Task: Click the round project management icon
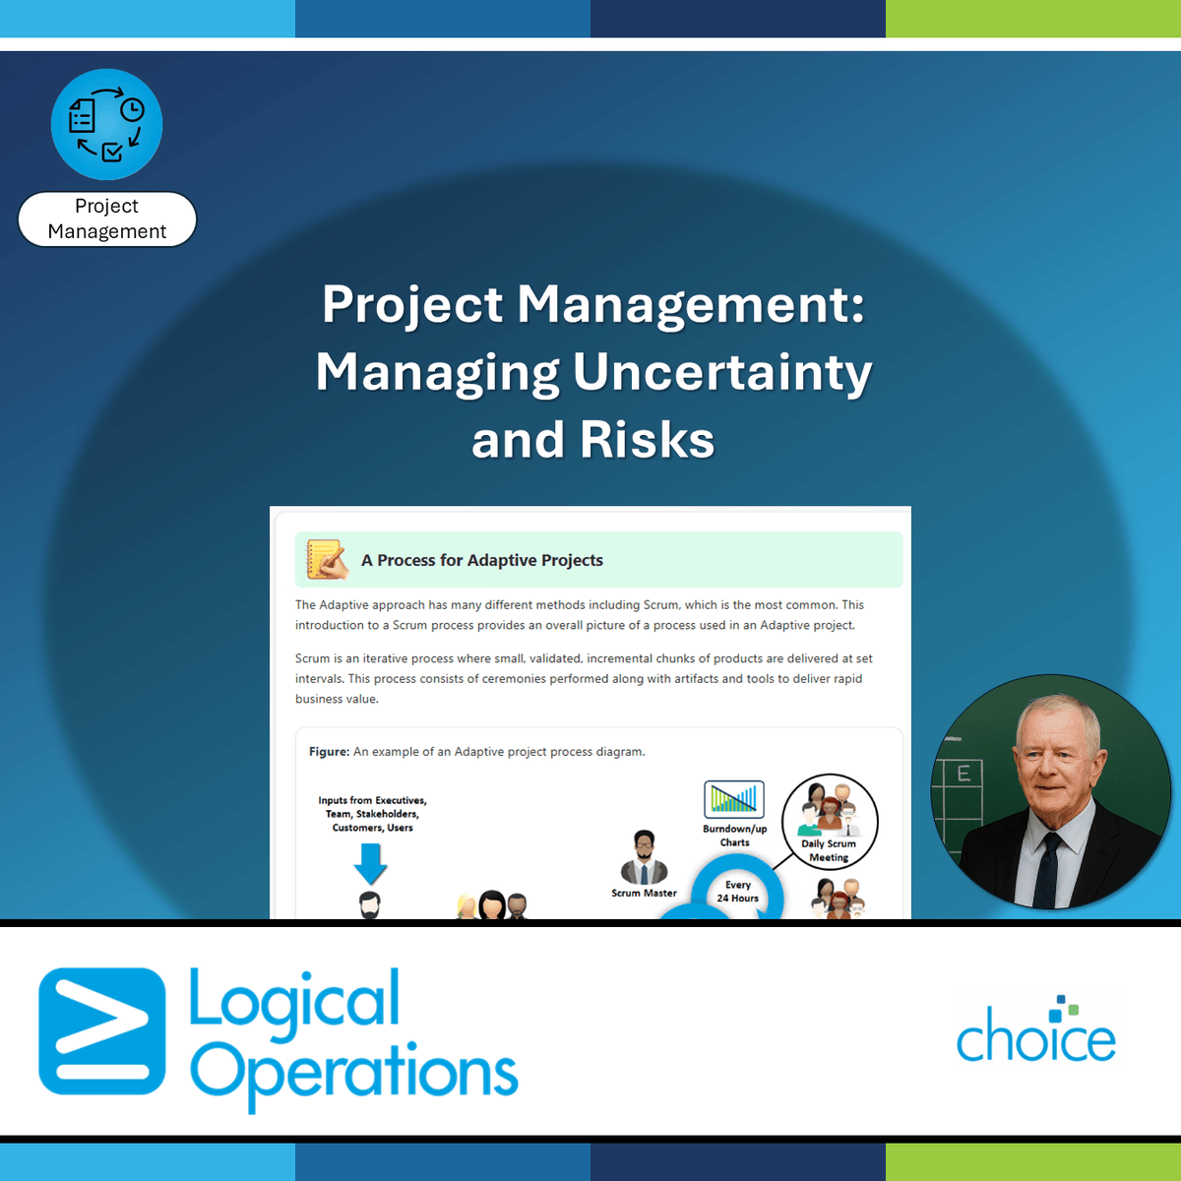pyautogui.click(x=106, y=124)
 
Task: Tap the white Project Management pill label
pyautogui.click(x=107, y=218)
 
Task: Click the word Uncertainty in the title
pyautogui.click(x=722, y=373)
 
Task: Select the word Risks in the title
pyautogui.click(x=648, y=439)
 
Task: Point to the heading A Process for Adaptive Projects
pyautogui.click(x=481, y=560)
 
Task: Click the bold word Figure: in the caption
pyautogui.click(x=329, y=751)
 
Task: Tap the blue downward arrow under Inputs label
pyautogui.click(x=371, y=863)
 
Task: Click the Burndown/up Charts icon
pyautogui.click(x=734, y=799)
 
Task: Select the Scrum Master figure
pyautogui.click(x=644, y=857)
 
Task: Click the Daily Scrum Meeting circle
pyautogui.click(x=830, y=822)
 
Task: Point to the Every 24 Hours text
pyautogui.click(x=738, y=892)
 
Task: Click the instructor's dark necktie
pyautogui.click(x=1047, y=871)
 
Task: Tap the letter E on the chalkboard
pyautogui.click(x=964, y=774)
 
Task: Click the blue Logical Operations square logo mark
pyautogui.click(x=101, y=1030)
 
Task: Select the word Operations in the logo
pyautogui.click(x=354, y=1076)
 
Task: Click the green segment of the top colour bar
pyautogui.click(x=1033, y=19)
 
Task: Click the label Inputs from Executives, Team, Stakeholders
pyautogui.click(x=373, y=814)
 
